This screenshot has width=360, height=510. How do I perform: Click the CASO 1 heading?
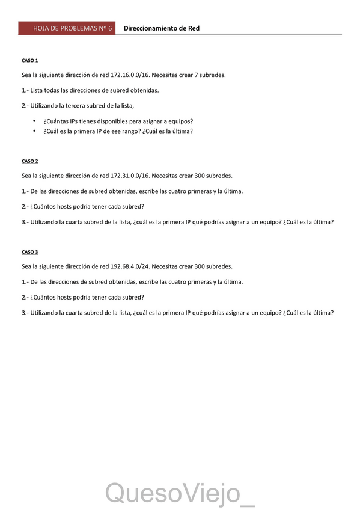(30, 61)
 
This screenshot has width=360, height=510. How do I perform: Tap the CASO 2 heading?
(30, 161)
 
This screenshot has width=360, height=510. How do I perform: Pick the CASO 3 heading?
(30, 252)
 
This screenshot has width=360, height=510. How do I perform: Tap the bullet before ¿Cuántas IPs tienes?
(34, 121)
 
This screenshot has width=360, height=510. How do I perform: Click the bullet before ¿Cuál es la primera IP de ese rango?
(34, 131)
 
